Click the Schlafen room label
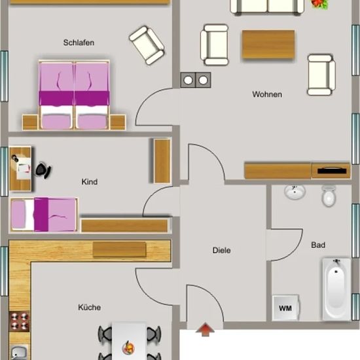coord(79,43)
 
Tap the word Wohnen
coord(267,94)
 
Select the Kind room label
coord(90,182)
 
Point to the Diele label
coord(221,250)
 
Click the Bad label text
coord(318,245)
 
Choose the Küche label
coord(89,307)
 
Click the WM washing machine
coord(285,308)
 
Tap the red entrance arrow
coord(205,330)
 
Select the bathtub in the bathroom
coord(336,289)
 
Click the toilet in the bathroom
coord(329,196)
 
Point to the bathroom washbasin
coord(295,192)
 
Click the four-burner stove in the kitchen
coord(19,321)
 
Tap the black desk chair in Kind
coord(43,170)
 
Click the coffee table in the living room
coord(268,45)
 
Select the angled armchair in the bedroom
coord(147,45)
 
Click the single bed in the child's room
coord(44,215)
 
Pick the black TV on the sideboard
coord(332,171)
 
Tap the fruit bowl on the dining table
coord(128,348)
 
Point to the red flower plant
coord(319,4)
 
